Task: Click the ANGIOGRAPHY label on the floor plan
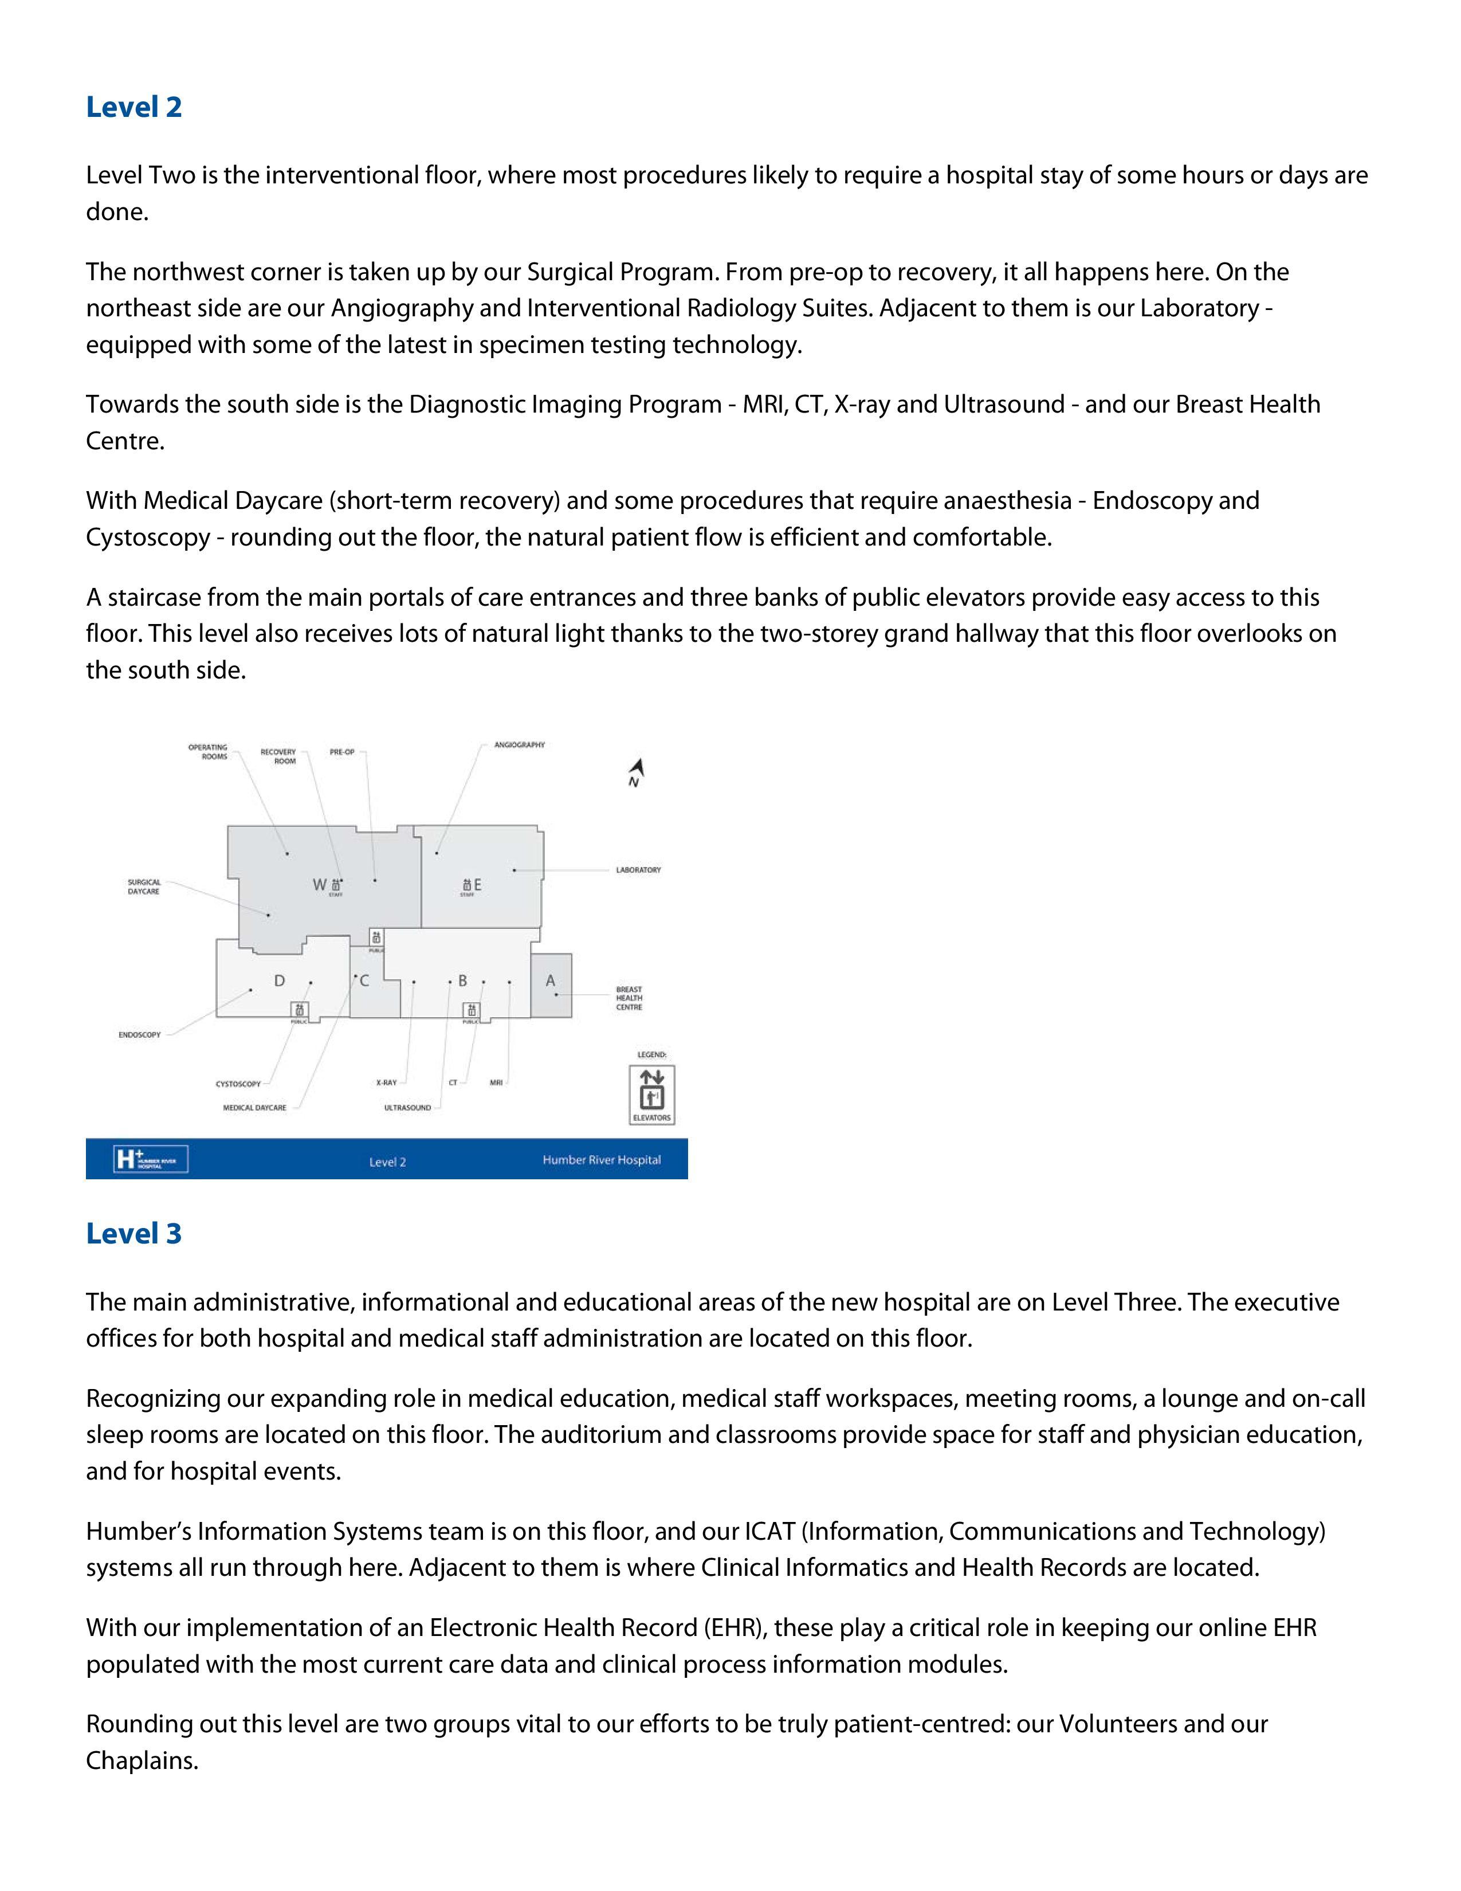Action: tap(519, 744)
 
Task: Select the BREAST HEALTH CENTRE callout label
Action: tap(629, 998)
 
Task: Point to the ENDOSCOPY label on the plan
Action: tap(139, 1035)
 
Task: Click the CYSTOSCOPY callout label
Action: tap(238, 1084)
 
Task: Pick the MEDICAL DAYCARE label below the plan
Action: tap(254, 1108)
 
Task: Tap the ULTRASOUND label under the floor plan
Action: tap(408, 1108)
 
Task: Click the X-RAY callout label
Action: tap(386, 1083)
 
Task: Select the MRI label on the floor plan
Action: tap(496, 1083)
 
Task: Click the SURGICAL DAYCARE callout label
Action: tap(144, 886)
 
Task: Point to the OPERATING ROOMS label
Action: tap(209, 752)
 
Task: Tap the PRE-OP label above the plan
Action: tap(342, 752)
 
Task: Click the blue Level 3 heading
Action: tap(133, 1234)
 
